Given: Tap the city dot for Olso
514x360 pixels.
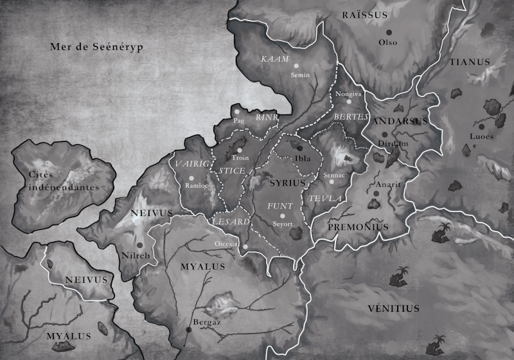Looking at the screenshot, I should tap(388, 33).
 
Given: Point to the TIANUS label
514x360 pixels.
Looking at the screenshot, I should tap(470, 62).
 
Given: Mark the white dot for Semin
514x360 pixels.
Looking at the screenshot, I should tap(296, 66).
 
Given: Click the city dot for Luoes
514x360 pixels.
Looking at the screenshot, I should tap(475, 146).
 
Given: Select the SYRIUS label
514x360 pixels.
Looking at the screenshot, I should tap(287, 183).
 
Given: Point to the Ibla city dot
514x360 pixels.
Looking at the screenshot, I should tap(299, 148).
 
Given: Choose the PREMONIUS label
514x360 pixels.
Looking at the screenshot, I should tap(359, 227).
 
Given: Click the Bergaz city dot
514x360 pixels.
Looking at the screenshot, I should tap(189, 329).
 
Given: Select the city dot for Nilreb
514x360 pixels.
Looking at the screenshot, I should tap(139, 245).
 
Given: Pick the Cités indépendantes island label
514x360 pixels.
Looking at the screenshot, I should tap(59, 181).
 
